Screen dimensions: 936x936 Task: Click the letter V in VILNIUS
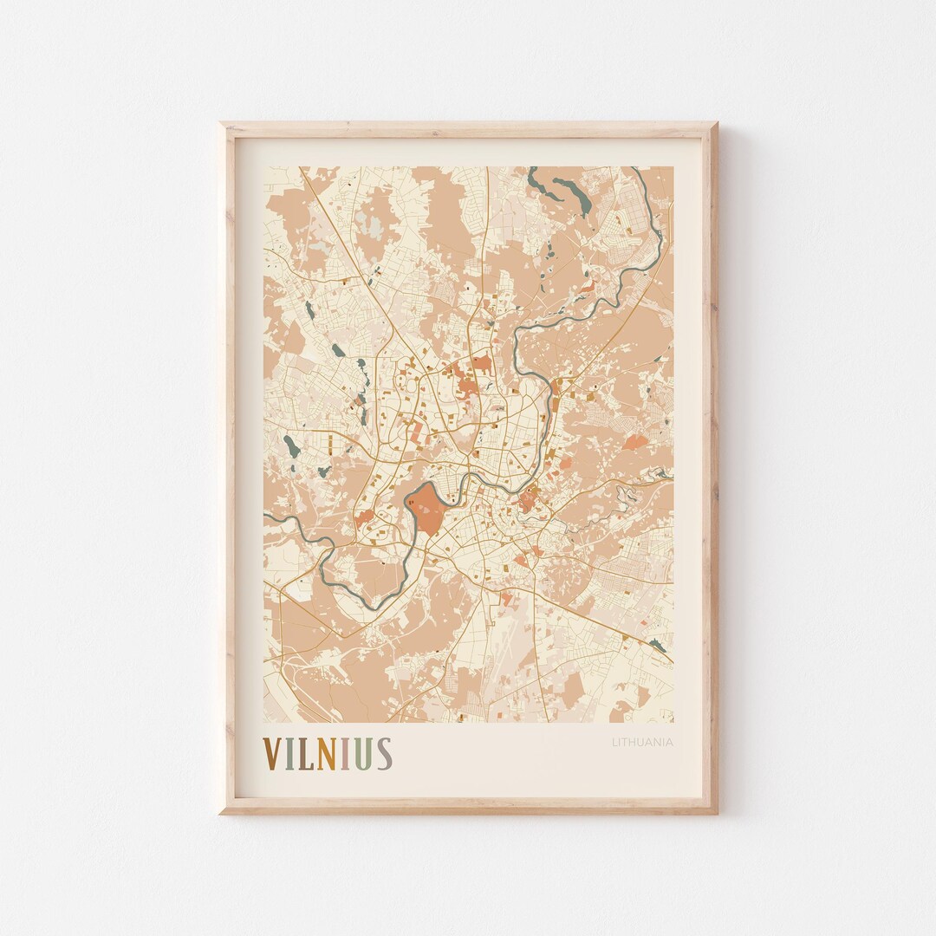[274, 754]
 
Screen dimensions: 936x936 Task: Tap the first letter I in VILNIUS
[292, 754]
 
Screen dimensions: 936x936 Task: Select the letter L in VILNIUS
[306, 754]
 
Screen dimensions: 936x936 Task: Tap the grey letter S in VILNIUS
[383, 754]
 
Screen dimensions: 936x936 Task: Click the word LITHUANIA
[642, 742]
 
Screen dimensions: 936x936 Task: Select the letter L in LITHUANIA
[614, 742]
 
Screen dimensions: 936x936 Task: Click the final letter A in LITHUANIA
[670, 742]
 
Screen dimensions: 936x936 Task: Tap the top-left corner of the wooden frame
[222, 125]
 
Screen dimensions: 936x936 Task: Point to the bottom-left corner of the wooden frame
[222, 812]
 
